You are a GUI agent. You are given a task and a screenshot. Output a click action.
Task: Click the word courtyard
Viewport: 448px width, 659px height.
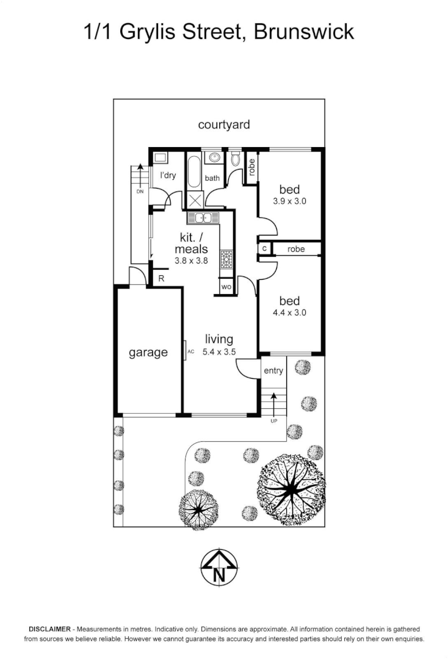pos(224,124)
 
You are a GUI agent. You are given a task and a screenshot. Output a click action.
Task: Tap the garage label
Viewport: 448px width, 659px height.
pos(148,352)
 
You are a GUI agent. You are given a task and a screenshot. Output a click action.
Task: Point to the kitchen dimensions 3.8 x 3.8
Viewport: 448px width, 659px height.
pos(192,259)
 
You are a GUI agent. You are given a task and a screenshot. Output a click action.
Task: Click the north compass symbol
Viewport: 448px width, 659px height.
pos(220,567)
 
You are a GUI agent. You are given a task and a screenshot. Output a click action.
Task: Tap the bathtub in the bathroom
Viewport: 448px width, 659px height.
pos(193,173)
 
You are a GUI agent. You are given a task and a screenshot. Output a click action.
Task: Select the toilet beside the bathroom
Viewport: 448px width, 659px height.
pos(236,160)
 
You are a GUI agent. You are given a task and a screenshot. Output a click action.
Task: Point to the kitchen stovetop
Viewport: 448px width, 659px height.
pos(226,259)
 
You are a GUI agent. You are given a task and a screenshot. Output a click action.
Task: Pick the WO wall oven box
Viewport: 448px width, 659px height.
pos(226,286)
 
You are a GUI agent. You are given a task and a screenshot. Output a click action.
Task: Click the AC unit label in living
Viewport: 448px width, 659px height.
pos(190,352)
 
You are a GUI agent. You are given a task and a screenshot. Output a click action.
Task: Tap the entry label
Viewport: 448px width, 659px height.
pos(273,370)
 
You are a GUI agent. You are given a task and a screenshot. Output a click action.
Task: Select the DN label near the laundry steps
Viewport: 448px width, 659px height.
pos(139,191)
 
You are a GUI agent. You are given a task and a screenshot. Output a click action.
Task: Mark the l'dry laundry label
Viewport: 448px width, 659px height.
pos(168,176)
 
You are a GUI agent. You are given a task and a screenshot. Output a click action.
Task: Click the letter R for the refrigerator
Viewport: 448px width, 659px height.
pos(161,278)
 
